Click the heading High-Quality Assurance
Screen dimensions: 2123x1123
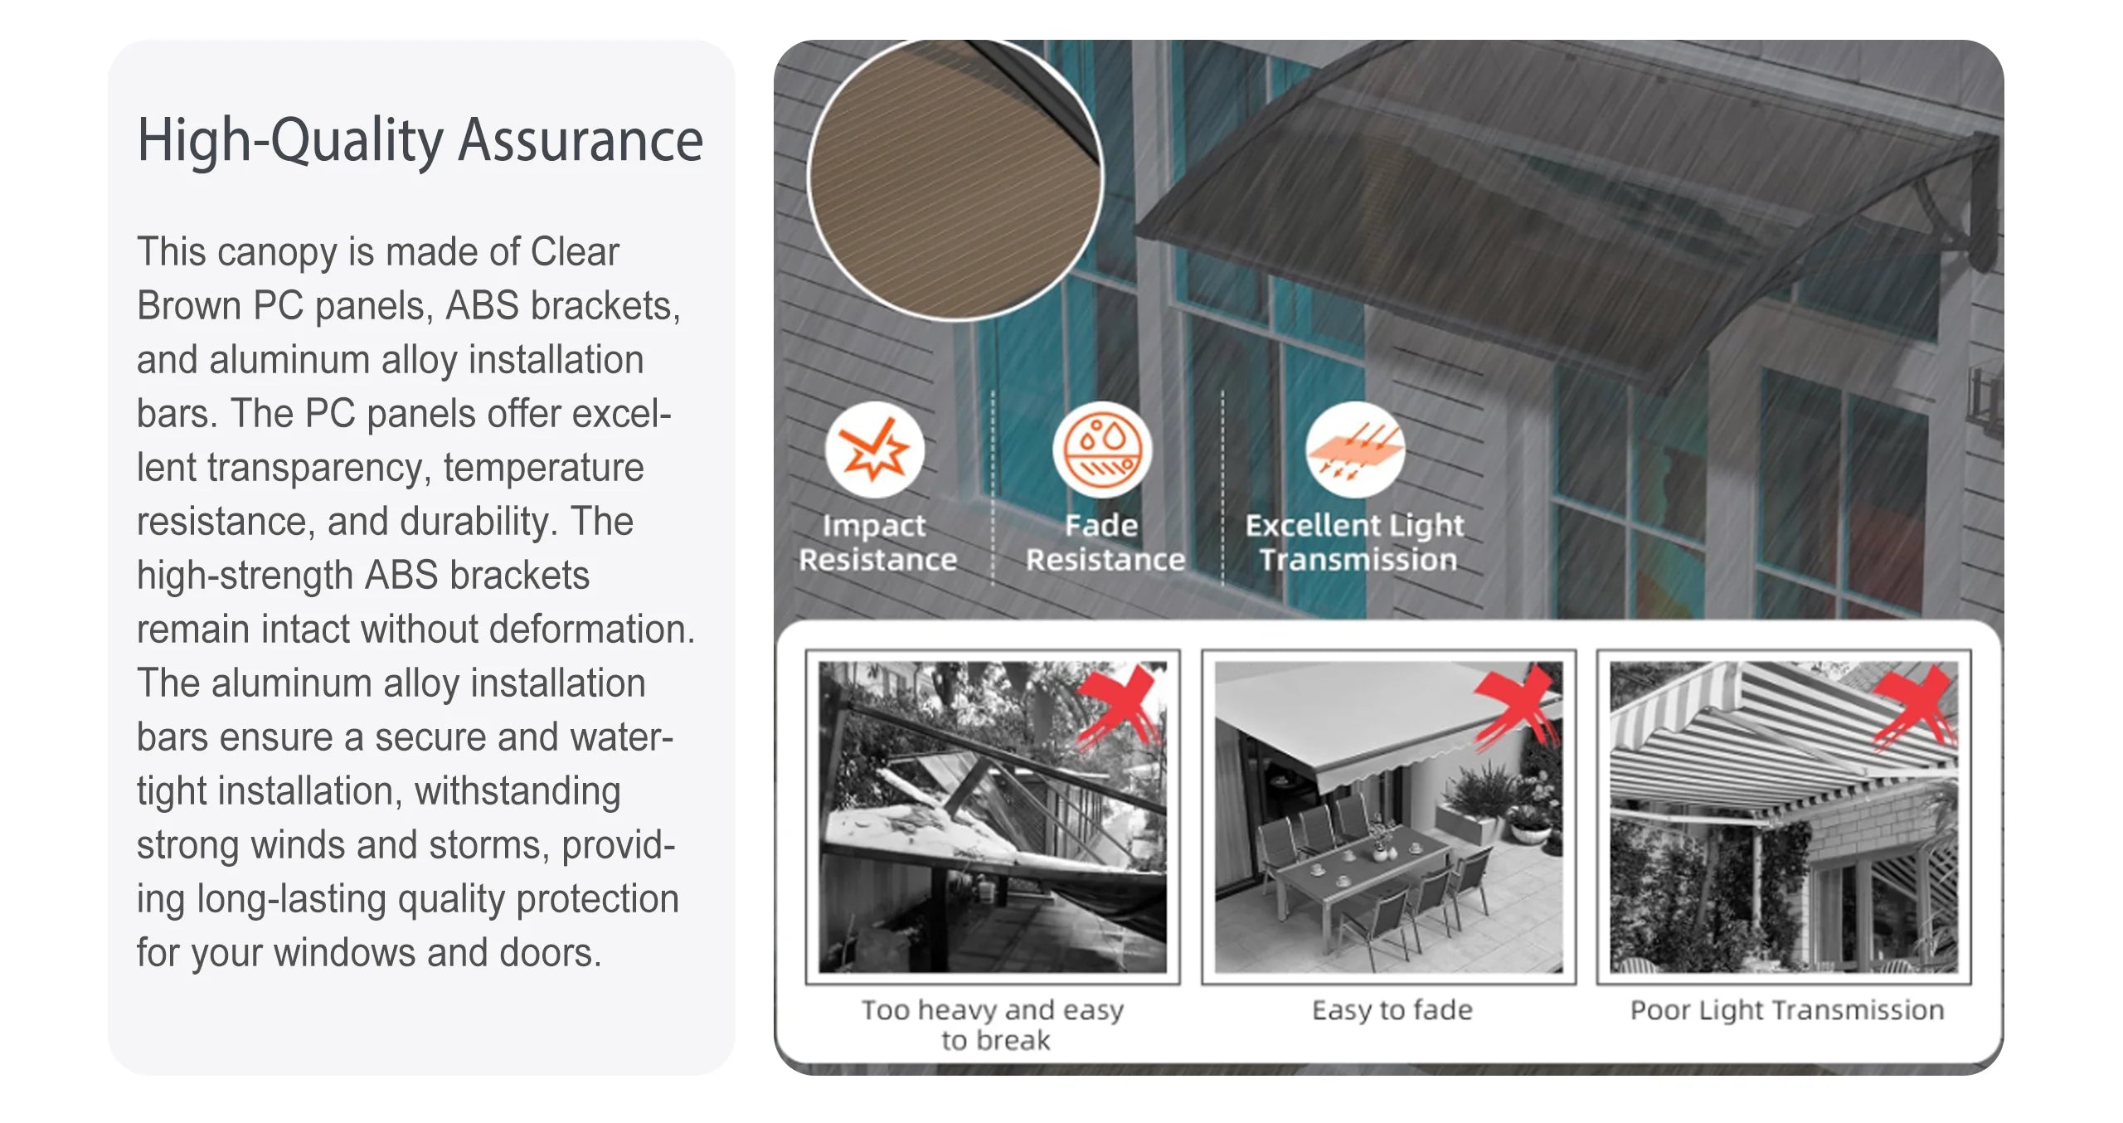click(x=420, y=140)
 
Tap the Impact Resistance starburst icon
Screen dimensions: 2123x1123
click(x=874, y=450)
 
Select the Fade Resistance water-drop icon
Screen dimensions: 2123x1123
click(x=1102, y=450)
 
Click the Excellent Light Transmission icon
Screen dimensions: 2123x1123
click(x=1355, y=450)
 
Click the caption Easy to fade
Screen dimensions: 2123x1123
click(x=1392, y=1010)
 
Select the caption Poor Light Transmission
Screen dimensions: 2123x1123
click(x=1787, y=1010)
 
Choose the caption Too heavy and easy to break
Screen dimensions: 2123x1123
click(x=993, y=1025)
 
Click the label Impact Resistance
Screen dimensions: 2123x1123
click(x=877, y=542)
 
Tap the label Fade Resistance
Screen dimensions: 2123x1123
click(x=1105, y=542)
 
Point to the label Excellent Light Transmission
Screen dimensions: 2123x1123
click(x=1356, y=542)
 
